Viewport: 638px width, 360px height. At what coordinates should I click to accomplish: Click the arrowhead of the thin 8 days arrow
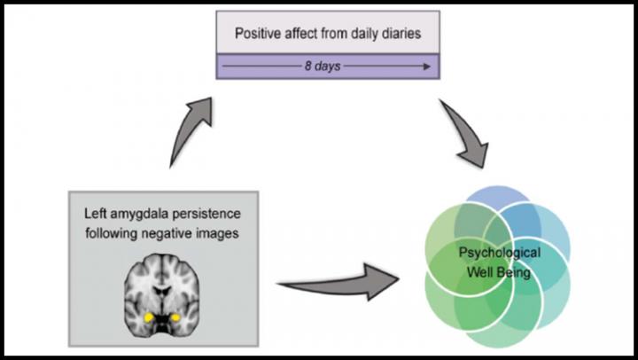pos(428,67)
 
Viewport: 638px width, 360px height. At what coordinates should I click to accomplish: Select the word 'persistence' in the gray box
pos(214,214)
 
